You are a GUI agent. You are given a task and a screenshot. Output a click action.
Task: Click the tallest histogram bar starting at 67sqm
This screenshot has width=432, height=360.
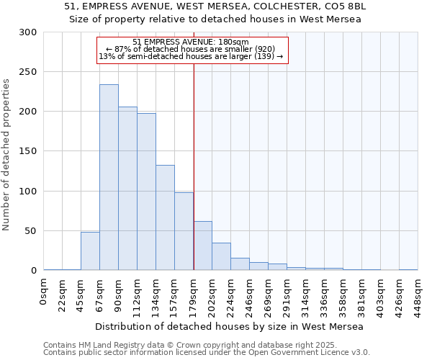[x=109, y=177]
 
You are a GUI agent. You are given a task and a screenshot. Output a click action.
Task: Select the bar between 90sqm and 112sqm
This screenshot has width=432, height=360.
[x=127, y=189]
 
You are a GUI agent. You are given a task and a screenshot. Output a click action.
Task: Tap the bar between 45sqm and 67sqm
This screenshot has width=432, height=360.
[x=90, y=251]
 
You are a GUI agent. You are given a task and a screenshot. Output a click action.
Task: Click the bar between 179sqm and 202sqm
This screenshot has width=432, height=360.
[x=202, y=246]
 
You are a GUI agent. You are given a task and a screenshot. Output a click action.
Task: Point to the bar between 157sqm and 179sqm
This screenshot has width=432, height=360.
[x=184, y=231]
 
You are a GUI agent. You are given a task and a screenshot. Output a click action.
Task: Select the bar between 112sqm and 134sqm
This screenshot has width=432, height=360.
[x=146, y=192]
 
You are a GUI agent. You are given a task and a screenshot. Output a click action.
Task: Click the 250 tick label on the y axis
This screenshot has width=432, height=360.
[x=27, y=72]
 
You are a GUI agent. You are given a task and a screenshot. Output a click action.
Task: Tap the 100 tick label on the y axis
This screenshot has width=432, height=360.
[x=27, y=192]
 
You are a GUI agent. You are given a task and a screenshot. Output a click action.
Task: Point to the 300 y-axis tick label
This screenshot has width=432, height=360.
[x=27, y=32]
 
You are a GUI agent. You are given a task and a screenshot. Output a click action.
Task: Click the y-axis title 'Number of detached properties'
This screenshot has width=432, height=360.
[x=7, y=155]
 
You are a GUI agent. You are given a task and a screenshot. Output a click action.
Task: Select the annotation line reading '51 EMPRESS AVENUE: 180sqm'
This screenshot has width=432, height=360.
[x=191, y=42]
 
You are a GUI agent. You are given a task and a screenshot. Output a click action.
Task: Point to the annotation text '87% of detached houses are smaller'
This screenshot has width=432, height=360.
[x=191, y=49]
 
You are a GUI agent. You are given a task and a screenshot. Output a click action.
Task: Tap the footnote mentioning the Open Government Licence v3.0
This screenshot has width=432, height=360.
[x=207, y=352]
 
